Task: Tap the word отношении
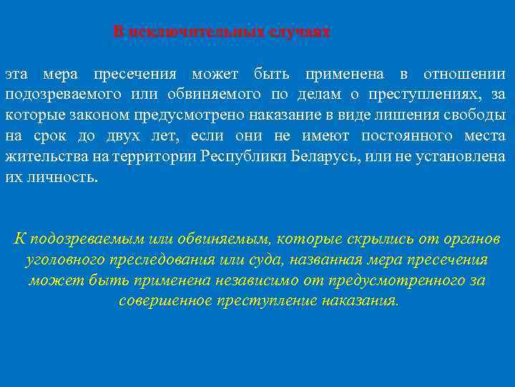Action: click(464, 75)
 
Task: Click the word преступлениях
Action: click(415, 95)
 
